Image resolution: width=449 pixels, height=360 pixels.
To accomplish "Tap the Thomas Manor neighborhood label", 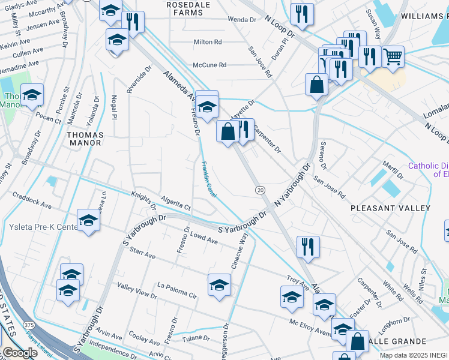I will coord(85,139).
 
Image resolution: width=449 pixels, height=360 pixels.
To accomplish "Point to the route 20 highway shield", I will coord(260,190).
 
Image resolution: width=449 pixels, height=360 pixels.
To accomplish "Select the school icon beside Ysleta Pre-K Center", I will coord(88,220).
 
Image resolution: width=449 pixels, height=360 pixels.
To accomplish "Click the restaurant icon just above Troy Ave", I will coord(307,246).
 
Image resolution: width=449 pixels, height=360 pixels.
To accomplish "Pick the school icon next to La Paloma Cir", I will coord(219,284).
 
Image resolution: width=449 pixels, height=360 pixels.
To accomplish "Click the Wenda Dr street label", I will coord(242,19).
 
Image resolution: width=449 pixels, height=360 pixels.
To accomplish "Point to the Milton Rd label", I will coord(208,42).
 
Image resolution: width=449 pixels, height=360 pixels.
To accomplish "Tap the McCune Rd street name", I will coord(209,65).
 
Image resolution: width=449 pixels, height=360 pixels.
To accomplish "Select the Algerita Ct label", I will coord(175,202).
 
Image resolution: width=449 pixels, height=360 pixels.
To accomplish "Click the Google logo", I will coord(20,353).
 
